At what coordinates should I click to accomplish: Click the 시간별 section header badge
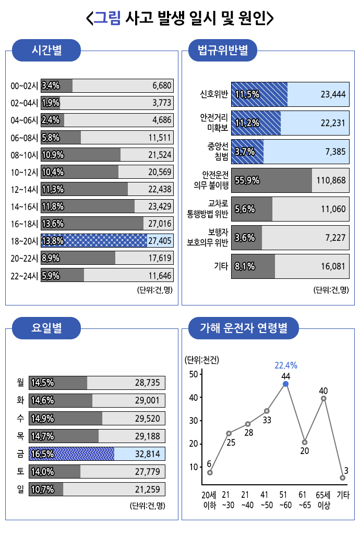46,51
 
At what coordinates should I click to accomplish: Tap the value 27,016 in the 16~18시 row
160,224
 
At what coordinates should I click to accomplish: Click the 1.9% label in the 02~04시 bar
50,103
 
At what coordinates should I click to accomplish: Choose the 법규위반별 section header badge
222,51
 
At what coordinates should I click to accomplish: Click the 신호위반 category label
214,94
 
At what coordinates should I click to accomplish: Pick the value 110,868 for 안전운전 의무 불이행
331,180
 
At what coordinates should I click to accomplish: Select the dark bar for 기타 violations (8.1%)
253,266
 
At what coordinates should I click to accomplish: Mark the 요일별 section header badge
46,328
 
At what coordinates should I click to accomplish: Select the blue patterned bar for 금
71,454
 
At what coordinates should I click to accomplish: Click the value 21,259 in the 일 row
147,489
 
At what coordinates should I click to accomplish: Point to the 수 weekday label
20,418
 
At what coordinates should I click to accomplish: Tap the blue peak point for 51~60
285,384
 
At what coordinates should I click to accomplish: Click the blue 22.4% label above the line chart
285,365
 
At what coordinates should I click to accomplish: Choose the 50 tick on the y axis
193,374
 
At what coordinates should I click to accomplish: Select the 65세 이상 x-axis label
323,499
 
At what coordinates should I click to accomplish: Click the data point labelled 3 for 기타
343,477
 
